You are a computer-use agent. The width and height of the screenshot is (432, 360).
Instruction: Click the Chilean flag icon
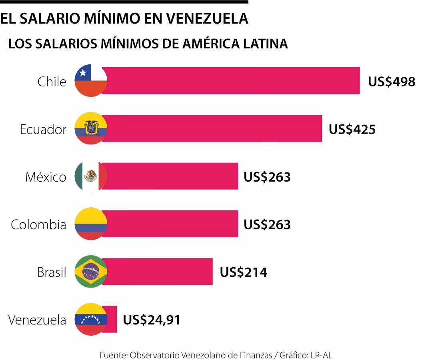91,81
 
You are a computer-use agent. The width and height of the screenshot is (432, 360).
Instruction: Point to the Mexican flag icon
91,176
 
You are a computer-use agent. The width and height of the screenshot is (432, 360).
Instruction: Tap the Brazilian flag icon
91,272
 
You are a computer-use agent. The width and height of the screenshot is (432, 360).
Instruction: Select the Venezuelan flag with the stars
91,319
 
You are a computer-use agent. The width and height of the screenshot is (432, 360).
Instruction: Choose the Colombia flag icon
91,224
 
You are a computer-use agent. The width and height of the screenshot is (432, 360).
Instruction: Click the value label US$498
392,82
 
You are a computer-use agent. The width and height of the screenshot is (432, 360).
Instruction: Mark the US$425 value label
352,129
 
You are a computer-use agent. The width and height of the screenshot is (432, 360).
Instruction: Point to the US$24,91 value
151,320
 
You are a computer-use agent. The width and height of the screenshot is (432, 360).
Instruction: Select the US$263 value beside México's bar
267,177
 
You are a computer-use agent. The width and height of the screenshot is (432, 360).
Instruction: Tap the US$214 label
243,272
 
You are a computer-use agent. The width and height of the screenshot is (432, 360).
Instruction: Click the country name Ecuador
43,130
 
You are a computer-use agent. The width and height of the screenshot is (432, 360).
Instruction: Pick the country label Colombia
38,224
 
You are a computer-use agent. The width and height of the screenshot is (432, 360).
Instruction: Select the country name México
46,177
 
